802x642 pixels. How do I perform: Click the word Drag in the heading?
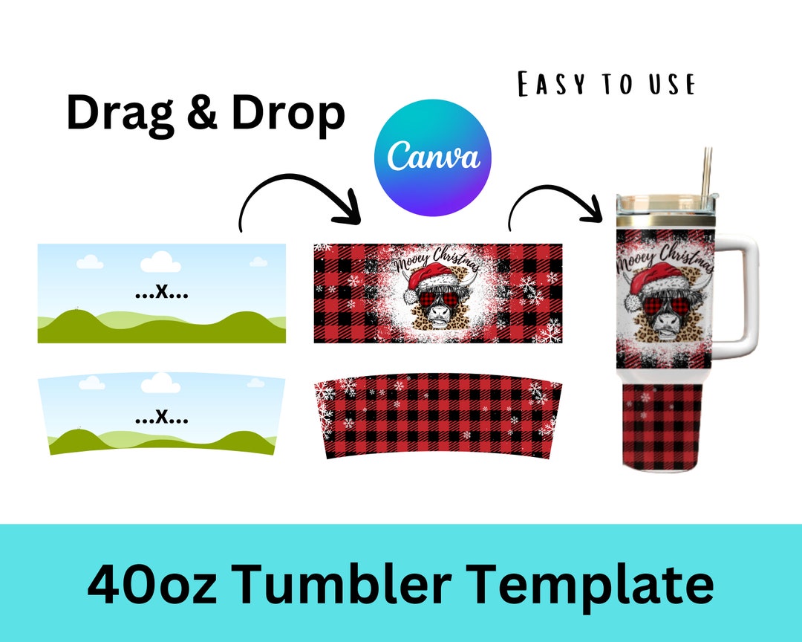[x=119, y=114]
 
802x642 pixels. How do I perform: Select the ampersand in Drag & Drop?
[x=203, y=114]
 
